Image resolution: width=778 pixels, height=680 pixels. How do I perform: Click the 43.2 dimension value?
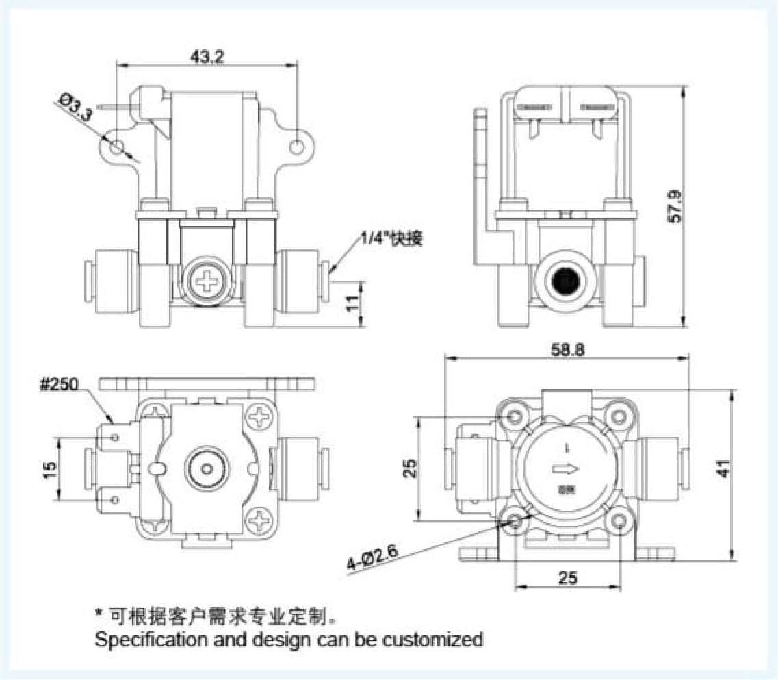tap(207, 57)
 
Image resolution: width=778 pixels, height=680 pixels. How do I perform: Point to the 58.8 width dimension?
tap(568, 349)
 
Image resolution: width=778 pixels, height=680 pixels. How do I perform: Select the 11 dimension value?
tap(352, 304)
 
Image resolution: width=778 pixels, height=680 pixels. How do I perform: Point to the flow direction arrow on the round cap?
tap(565, 468)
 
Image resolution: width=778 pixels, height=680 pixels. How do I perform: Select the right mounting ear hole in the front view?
tap(298, 146)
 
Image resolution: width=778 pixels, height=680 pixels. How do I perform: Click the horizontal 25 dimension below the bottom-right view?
tap(567, 578)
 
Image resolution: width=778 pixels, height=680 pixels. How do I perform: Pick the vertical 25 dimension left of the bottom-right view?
tap(409, 468)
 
